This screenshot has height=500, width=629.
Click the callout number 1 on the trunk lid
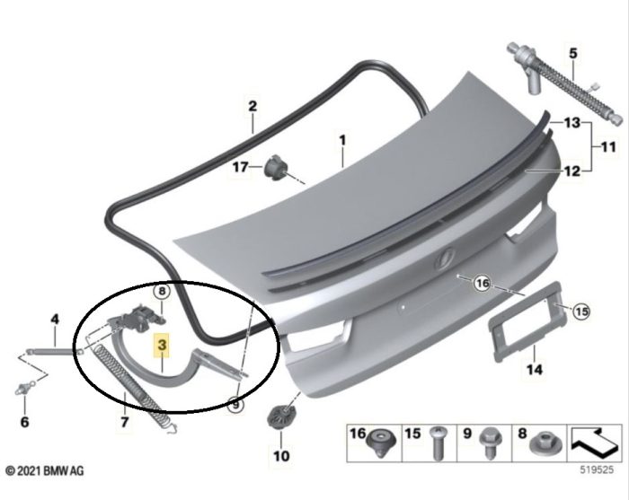341,140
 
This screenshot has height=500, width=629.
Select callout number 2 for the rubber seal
253,106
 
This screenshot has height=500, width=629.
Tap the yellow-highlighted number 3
161,346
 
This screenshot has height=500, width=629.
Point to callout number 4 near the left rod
54,319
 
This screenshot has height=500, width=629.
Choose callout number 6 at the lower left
24,421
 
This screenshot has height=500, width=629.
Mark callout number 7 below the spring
124,421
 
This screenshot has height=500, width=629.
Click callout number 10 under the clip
281,456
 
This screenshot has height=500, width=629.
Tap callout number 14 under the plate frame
534,368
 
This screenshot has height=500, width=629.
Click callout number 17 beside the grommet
240,167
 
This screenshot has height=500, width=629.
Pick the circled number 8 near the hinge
161,291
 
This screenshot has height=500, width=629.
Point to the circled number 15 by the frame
580,311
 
